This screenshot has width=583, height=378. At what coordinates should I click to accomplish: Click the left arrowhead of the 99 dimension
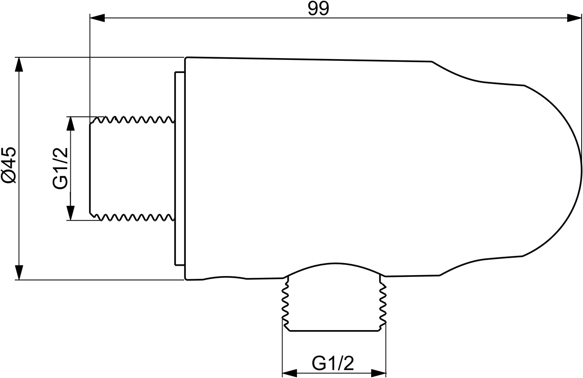click(97, 18)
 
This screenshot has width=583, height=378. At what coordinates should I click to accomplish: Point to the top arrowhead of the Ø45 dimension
click(19, 65)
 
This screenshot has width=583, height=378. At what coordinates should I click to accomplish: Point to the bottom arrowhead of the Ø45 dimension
click(19, 272)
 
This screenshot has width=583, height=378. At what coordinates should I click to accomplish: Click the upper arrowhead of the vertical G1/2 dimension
click(70, 124)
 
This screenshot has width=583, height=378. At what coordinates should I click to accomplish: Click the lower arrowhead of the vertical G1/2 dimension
click(70, 213)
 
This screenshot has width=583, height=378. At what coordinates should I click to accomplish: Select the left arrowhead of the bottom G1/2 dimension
click(289, 373)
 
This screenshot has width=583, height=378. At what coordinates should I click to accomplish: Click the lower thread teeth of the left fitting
click(134, 217)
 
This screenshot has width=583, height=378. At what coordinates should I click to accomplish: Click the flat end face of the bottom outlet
click(334, 331)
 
